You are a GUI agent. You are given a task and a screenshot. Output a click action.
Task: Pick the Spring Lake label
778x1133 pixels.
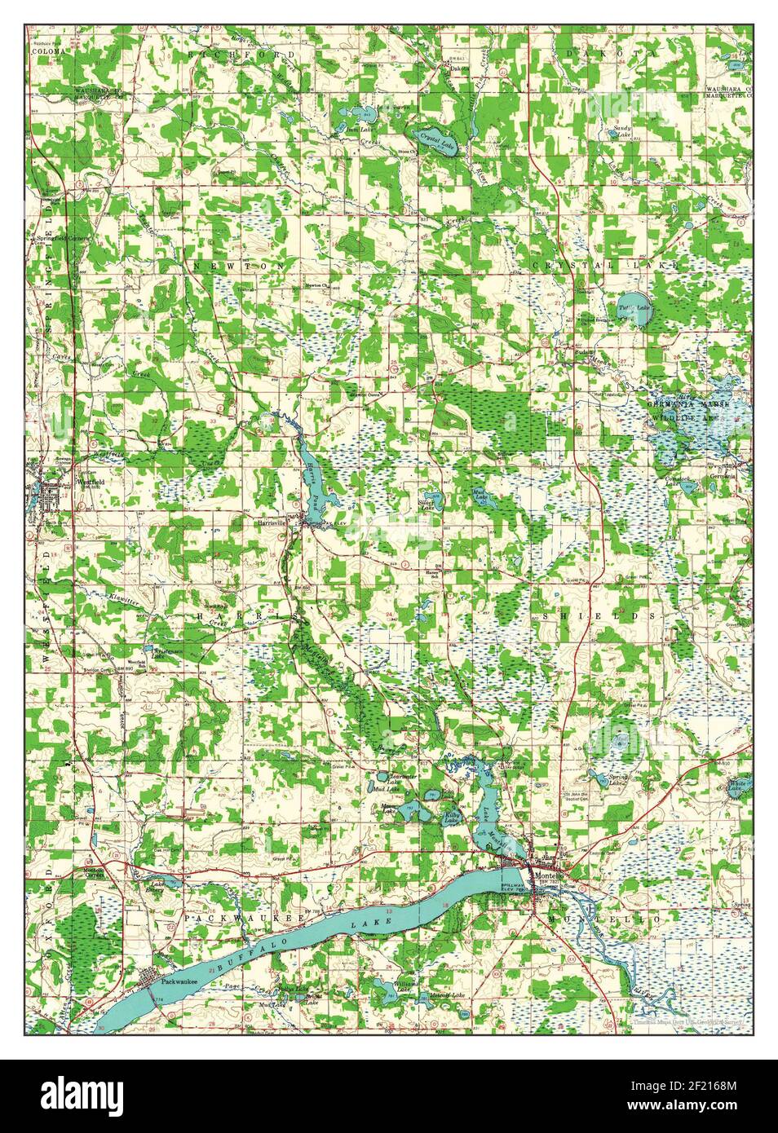coord(618,780)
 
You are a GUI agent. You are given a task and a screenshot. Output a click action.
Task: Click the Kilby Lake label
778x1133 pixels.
coord(451,817)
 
